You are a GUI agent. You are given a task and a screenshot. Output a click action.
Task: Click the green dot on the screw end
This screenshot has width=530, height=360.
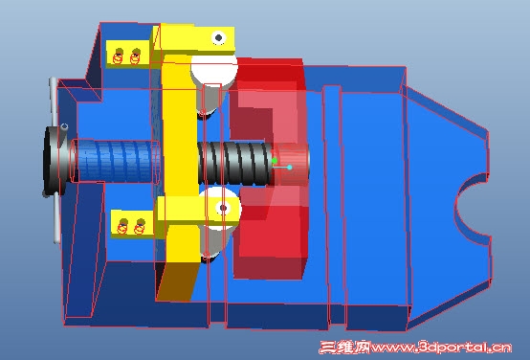275,161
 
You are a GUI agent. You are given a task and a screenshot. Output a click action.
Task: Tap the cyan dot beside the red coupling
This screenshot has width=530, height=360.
290,168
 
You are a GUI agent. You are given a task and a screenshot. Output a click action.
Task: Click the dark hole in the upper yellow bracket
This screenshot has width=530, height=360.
219,37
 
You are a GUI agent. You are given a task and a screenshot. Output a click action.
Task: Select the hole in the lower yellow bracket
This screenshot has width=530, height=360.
223,208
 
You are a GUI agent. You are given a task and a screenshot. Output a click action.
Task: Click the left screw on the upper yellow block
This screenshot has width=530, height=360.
118,56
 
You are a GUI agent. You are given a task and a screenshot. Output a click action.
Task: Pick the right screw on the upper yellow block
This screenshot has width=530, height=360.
135,56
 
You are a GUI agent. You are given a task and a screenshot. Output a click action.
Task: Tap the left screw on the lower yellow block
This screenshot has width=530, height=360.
122,227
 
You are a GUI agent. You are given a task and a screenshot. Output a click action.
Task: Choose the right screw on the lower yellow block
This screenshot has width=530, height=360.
140,227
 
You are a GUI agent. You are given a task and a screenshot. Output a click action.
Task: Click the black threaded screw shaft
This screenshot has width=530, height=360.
235,164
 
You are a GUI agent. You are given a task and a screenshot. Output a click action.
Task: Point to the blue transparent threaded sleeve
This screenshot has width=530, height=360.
116,162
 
